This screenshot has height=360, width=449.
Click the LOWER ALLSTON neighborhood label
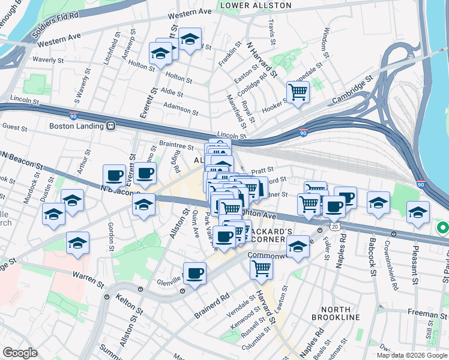tap(256, 5)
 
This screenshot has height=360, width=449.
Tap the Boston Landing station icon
tap(110, 127)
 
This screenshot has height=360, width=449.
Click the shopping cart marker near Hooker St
tap(297, 92)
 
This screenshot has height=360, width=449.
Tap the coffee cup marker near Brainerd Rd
tap(194, 274)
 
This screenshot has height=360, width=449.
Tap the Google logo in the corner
tap(19, 352)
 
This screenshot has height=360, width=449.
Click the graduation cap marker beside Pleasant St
tap(418, 212)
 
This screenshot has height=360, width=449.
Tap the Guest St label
tap(15, 127)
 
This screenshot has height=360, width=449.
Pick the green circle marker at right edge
tap(443, 229)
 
